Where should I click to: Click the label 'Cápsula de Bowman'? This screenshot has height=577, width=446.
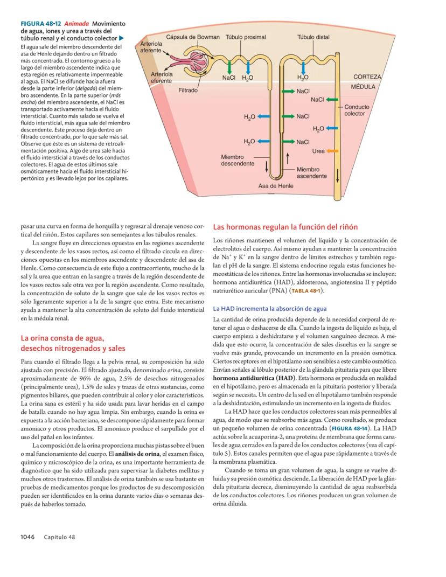pos(193,37)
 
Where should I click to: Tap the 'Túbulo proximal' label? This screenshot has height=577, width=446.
pos(245,37)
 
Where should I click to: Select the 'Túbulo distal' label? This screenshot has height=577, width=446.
pos(313,37)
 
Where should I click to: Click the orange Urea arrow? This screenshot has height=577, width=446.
pos(332,150)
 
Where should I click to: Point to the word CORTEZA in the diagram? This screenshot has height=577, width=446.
pos(367,77)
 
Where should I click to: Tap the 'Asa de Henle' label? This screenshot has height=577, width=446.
pos(276,186)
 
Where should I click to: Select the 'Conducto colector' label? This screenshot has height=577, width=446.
pos(357,110)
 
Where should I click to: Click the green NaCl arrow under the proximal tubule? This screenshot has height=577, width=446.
pos(230,67)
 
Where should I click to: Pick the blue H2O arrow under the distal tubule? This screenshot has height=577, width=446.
pos(303,67)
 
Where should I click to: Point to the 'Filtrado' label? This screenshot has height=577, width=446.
pos(188,91)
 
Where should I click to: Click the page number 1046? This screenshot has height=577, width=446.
pos(27,537)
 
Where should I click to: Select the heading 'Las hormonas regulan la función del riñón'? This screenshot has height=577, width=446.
pos(285,227)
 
